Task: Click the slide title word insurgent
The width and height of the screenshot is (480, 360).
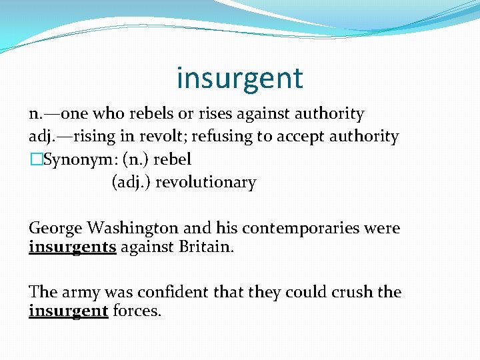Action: [x=240, y=78]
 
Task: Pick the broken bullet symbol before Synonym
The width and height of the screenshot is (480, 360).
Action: [x=35, y=160]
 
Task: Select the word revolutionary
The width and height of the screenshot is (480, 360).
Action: [x=205, y=182]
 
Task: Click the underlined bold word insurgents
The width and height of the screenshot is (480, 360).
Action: [x=73, y=247]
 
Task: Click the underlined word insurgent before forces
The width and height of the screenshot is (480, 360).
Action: [x=68, y=311]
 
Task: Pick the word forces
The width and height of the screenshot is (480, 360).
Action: [x=137, y=311]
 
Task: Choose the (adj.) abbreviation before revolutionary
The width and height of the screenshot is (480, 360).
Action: [x=131, y=182]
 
